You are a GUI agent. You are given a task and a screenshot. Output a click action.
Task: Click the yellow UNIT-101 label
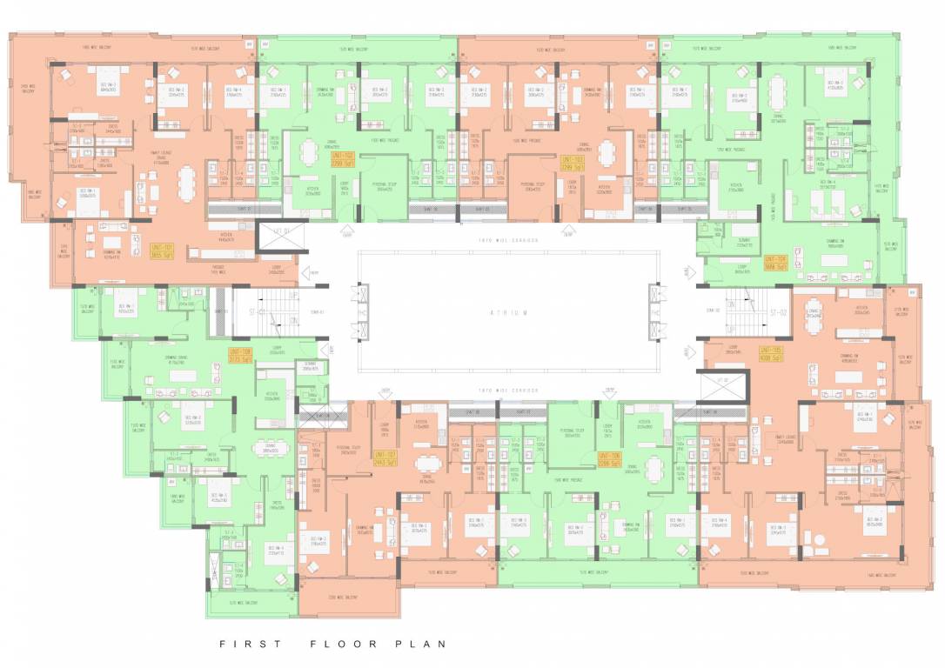pyautogui.click(x=163, y=250)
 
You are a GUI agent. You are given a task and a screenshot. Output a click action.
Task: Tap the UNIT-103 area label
pyautogui.click(x=571, y=162)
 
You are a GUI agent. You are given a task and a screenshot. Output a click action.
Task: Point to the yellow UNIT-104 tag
pyautogui.click(x=774, y=262)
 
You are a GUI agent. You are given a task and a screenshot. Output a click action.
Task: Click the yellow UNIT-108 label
pyautogui.click(x=240, y=354)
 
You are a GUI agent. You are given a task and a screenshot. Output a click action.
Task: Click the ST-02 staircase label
pyautogui.click(x=777, y=312)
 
